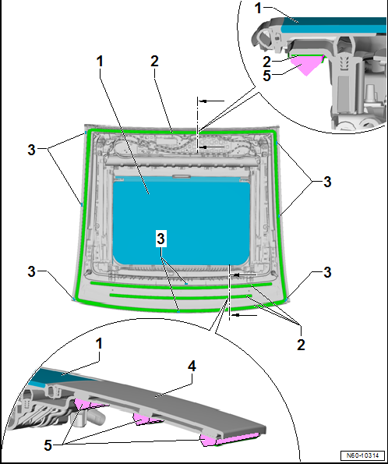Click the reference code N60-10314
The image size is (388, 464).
(x=362, y=455)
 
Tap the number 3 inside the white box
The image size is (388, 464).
(x=160, y=239)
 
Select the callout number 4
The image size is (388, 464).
(x=192, y=366)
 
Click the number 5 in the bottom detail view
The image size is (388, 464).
(x=48, y=445)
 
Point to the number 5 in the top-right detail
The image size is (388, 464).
(x=266, y=76)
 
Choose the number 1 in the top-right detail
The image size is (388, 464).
(x=258, y=8)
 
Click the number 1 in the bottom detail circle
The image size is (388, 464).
(x=99, y=344)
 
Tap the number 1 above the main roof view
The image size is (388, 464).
(x=100, y=62)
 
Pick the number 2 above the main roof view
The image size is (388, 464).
(x=154, y=62)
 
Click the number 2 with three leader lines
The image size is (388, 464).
(x=301, y=345)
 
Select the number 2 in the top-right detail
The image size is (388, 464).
(x=266, y=62)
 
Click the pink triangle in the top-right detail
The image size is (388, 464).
(x=307, y=65)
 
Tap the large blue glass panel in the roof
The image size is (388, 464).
(x=181, y=222)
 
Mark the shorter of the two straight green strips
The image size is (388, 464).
(x=181, y=296)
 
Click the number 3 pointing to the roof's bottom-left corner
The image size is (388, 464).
(x=31, y=271)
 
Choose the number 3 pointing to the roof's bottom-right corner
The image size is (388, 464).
(x=327, y=272)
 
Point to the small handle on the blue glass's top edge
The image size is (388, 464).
(x=181, y=177)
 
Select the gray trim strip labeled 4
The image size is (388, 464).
(x=166, y=400)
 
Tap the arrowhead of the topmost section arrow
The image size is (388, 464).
(x=203, y=101)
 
